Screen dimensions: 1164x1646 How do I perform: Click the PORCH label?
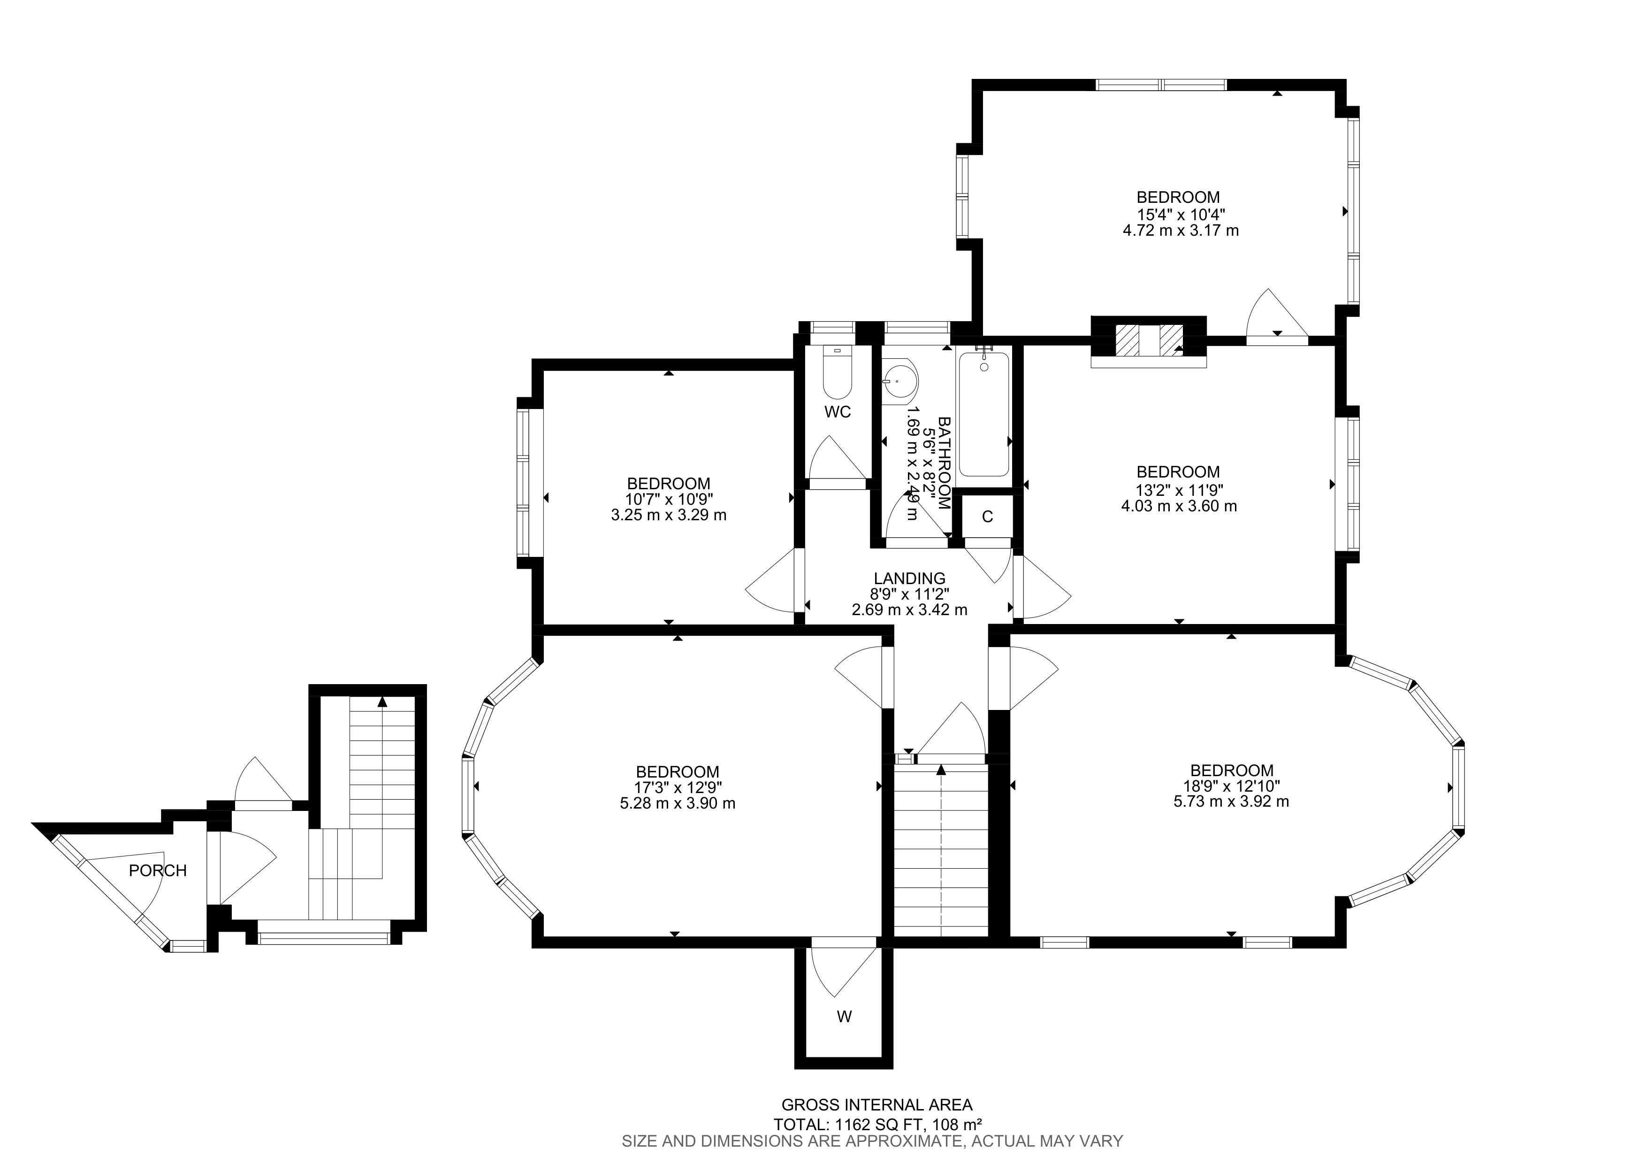tap(158, 871)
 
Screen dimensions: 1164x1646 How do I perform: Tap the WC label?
tap(838, 412)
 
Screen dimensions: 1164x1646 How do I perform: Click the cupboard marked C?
tap(987, 516)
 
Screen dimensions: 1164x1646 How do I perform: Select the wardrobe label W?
tap(845, 1016)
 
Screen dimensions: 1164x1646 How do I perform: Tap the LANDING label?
tap(909, 578)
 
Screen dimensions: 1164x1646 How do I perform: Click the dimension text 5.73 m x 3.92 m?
tap(1231, 802)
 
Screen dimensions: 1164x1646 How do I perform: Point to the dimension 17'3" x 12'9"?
tap(678, 787)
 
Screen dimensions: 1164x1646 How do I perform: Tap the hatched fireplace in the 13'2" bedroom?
tap(1149, 340)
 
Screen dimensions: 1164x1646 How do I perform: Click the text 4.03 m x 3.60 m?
tap(1179, 506)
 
